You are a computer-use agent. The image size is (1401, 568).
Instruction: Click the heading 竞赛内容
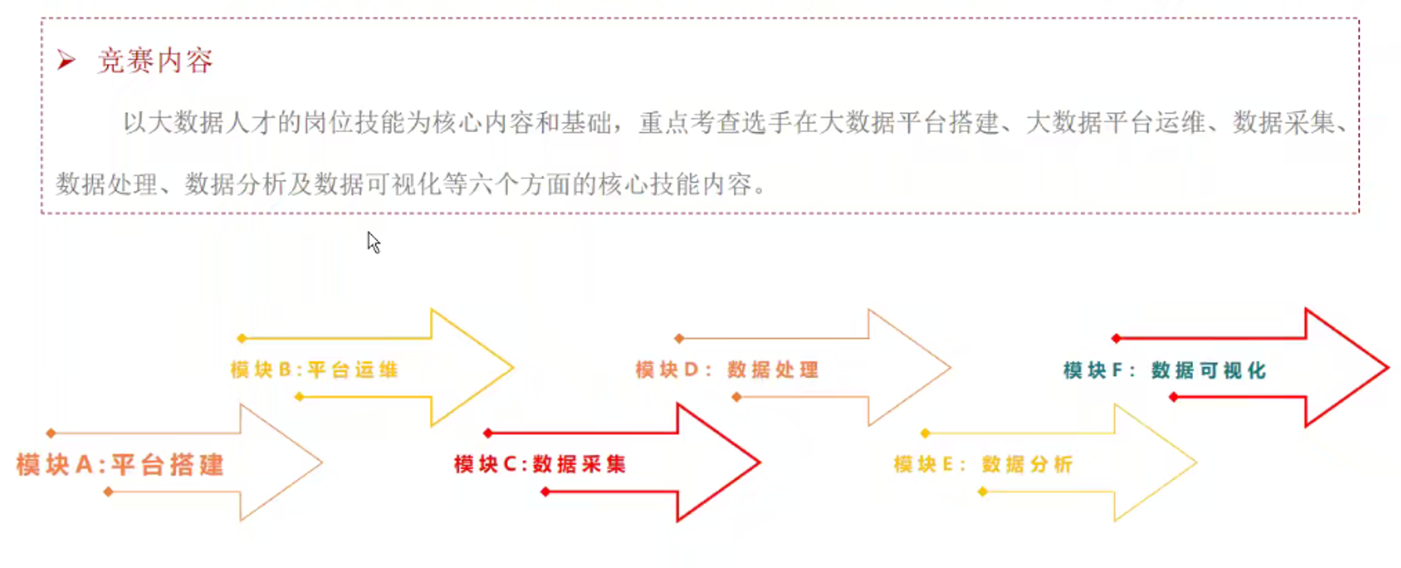tap(155, 61)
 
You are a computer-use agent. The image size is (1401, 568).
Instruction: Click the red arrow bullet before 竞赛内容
tap(67, 60)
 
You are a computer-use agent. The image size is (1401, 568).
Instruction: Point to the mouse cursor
tap(373, 241)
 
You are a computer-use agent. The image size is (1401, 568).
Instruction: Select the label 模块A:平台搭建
tap(120, 464)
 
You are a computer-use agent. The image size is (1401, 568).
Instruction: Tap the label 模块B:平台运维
tap(314, 370)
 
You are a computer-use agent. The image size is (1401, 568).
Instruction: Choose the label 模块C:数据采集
tap(540, 464)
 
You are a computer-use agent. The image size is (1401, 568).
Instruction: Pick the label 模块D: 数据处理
tap(727, 370)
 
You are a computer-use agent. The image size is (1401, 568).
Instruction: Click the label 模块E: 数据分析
tap(983, 464)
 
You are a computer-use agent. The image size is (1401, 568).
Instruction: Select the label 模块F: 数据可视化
tap(1164, 371)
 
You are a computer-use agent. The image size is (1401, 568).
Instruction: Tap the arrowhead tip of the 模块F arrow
tap(1387, 368)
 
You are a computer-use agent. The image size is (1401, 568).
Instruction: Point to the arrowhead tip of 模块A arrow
tap(321, 462)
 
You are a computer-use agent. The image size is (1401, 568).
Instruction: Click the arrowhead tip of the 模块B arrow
tap(513, 368)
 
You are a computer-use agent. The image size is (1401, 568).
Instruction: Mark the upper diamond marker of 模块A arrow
tap(51, 433)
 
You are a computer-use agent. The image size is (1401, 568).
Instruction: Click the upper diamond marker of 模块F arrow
tap(1115, 338)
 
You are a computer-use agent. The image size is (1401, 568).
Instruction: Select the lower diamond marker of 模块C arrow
tap(545, 492)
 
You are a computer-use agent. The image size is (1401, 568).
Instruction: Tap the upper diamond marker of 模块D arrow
tap(679, 338)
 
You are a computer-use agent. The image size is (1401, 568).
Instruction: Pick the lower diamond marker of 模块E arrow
tap(983, 492)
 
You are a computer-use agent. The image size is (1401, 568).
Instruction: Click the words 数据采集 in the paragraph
tap(1283, 122)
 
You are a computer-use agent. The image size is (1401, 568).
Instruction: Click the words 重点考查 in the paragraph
tap(689, 122)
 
